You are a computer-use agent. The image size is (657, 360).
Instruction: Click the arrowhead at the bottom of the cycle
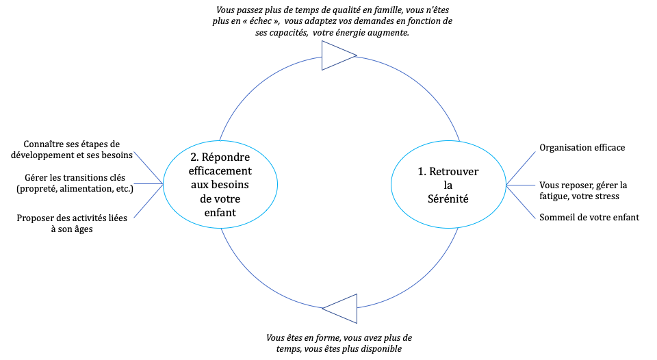[342, 309]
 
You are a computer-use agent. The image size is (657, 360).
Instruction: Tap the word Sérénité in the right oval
[448, 198]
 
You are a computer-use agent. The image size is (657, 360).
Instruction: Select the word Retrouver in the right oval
[454, 171]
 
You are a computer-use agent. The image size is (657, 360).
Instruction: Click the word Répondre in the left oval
[226, 157]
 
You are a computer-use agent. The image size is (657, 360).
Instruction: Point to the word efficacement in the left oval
[220, 171]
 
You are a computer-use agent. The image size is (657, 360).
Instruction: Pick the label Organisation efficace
[582, 148]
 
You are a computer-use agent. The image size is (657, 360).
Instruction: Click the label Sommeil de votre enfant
[589, 217]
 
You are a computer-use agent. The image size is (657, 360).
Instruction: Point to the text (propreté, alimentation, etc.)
[75, 189]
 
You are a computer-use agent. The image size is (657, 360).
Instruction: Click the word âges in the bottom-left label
[83, 229]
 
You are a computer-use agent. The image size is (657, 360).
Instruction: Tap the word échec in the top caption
[260, 21]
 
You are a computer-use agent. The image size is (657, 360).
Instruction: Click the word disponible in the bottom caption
[381, 349]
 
